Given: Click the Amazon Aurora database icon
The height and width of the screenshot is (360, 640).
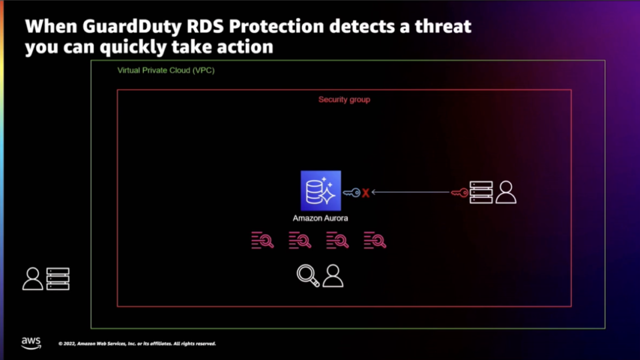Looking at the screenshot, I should coord(321,191).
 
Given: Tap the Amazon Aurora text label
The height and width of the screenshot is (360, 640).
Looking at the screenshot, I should coord(321,218).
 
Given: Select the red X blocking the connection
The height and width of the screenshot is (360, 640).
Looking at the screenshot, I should coord(365,193).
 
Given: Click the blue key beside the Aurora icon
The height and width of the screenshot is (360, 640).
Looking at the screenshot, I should coord(351,193).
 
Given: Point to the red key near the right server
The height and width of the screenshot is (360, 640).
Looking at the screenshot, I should coord(459,193).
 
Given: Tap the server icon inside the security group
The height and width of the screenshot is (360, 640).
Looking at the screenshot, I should coord(481,192).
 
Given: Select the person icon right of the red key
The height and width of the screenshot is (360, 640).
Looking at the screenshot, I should coord(506,192).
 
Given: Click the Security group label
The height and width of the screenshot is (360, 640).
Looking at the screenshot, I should coord(344,99).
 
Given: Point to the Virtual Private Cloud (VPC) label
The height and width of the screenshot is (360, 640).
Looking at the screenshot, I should coord(166,70).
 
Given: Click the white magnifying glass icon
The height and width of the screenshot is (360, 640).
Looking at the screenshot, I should coord(308,275).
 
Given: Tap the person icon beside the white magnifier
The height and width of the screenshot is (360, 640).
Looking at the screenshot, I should coord(333,275).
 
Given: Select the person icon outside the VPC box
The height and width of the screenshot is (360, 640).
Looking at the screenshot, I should coord(33,279).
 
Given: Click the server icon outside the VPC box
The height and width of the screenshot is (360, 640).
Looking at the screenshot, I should coord(58,279).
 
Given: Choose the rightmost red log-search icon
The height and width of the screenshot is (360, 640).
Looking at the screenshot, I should coord(375,240).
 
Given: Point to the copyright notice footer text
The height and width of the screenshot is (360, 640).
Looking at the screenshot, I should coord(137,344).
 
